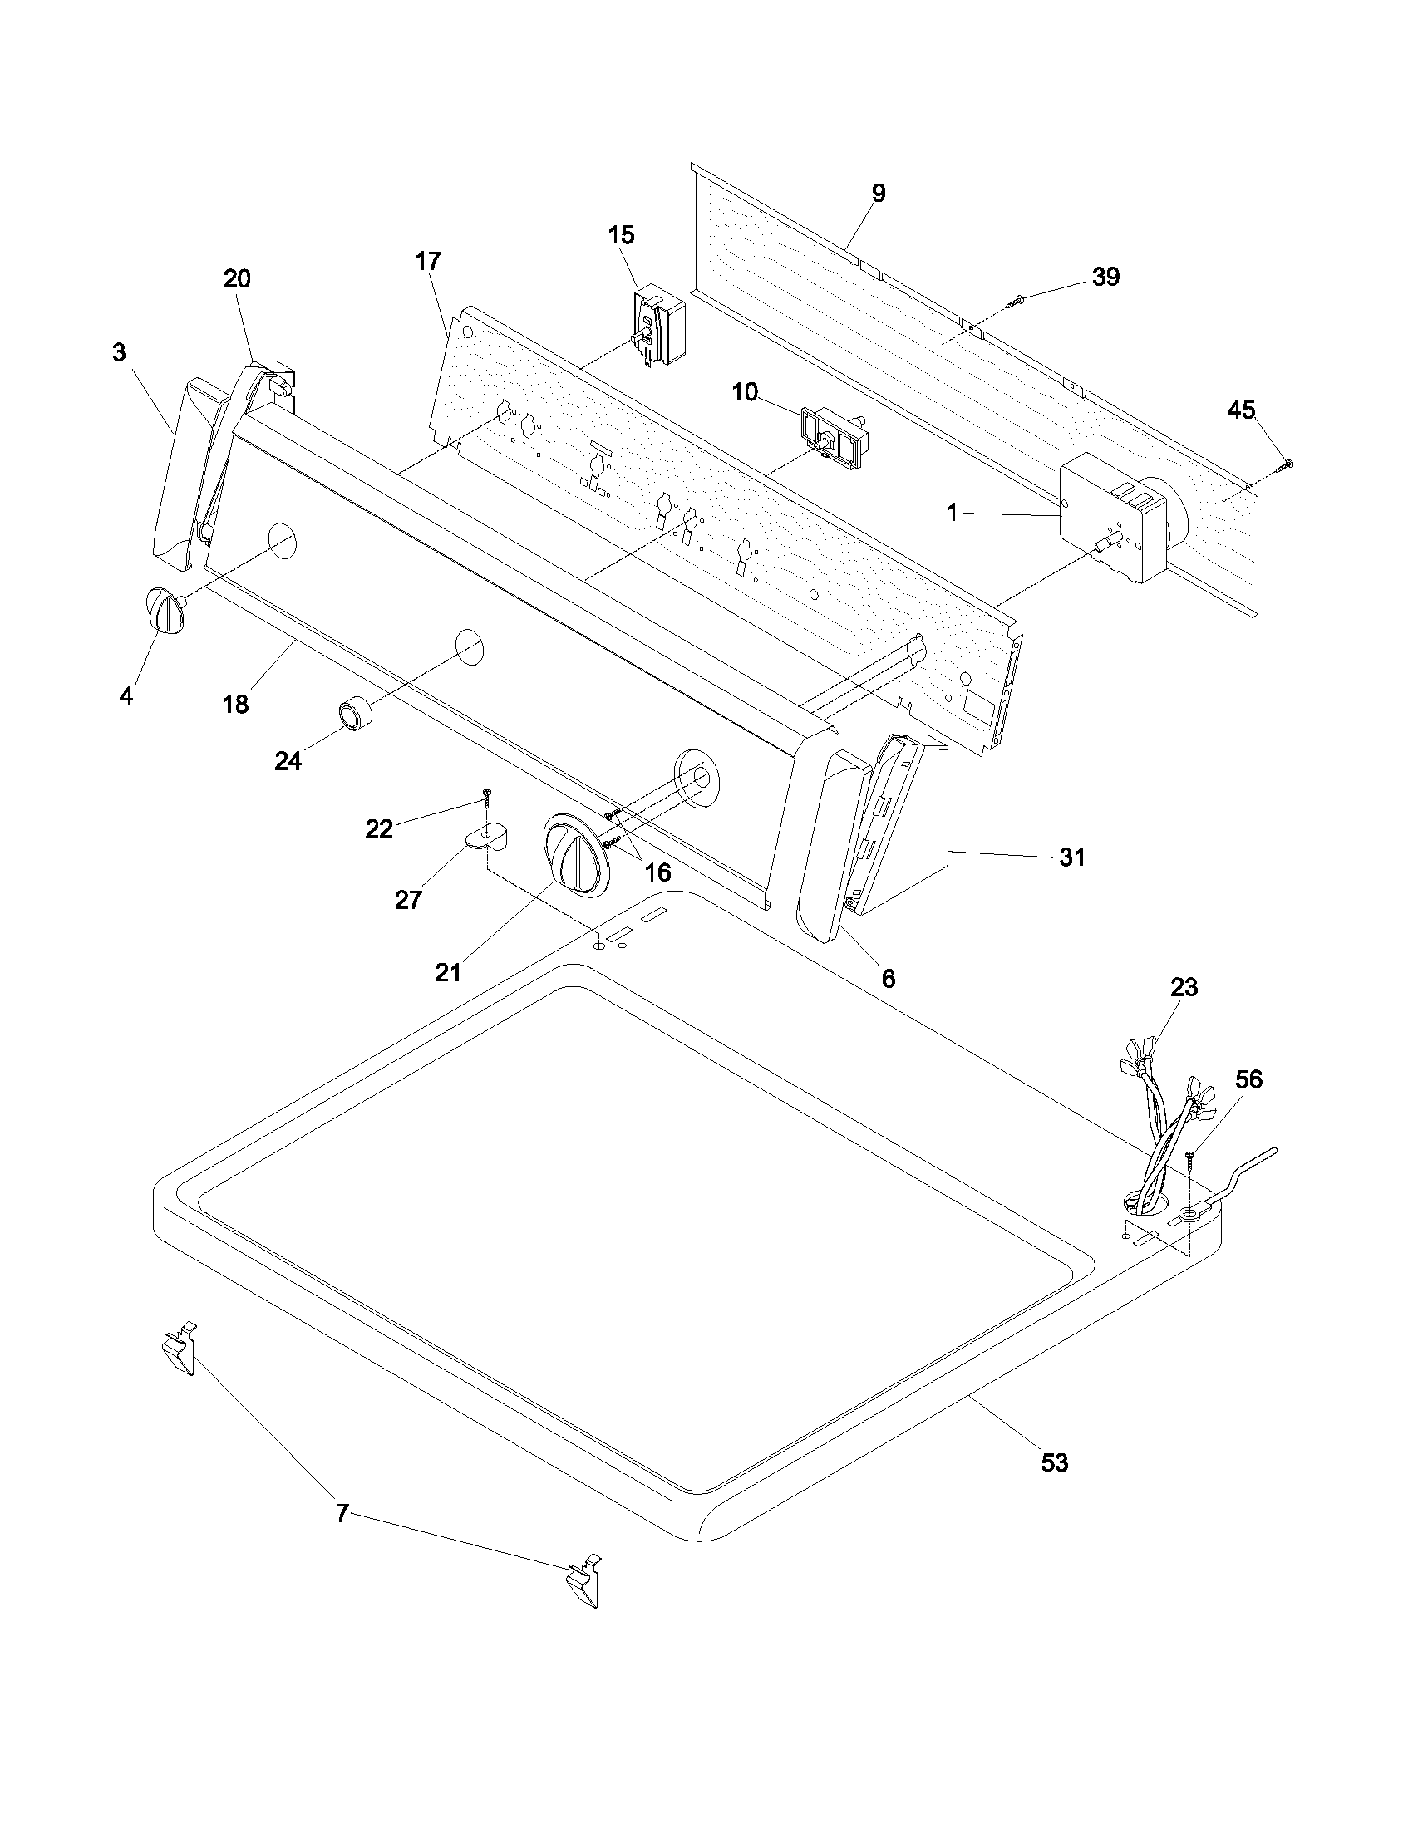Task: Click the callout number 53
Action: pyautogui.click(x=1054, y=1462)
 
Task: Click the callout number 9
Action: pyautogui.click(x=877, y=194)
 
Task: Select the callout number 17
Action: pyautogui.click(x=427, y=261)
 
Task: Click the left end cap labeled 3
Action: pyautogui.click(x=183, y=473)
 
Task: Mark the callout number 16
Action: pyautogui.click(x=658, y=872)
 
